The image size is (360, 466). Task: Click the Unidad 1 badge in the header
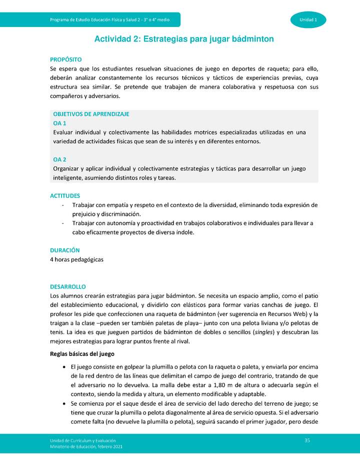[x=308, y=19]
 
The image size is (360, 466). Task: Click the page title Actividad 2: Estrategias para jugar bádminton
[x=184, y=38]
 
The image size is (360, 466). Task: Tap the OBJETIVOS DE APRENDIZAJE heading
[x=91, y=114]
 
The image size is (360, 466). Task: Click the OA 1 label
[x=59, y=123]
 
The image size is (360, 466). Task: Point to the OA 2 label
[x=59, y=159]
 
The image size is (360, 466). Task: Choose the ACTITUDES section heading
[x=65, y=196]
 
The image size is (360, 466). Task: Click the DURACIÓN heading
[x=65, y=250]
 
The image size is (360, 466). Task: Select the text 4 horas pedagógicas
[x=76, y=259]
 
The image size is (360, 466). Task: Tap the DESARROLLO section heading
[x=68, y=287]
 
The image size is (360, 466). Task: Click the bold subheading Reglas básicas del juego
[x=82, y=354]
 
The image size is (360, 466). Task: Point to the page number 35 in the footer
[x=307, y=439]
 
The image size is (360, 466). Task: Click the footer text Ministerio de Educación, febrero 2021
[x=86, y=446]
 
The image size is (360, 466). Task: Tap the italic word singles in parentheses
[x=263, y=332]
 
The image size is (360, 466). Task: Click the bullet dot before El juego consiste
[x=65, y=367]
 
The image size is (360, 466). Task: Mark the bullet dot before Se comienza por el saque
[x=65, y=403]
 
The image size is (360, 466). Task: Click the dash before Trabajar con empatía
[x=62, y=205]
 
